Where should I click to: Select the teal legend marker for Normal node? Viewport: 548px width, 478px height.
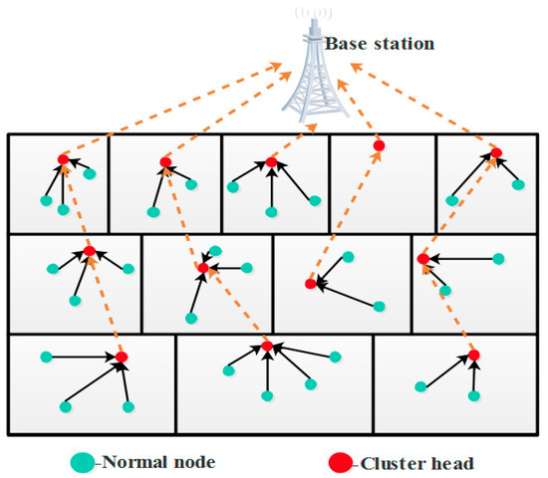click(82, 462)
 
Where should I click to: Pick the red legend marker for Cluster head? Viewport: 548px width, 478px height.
click(339, 462)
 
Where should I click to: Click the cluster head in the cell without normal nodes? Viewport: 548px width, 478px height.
click(379, 146)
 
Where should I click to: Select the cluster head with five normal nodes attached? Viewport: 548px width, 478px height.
click(267, 346)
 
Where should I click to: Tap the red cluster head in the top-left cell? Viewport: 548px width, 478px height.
click(63, 159)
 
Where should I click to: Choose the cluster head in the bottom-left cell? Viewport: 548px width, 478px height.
click(122, 357)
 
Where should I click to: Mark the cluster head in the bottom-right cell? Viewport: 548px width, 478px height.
click(474, 356)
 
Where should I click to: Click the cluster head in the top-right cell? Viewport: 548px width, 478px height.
click(495, 152)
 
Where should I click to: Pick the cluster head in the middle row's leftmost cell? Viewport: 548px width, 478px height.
click(90, 252)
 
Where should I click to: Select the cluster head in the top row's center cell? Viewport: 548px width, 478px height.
click(271, 162)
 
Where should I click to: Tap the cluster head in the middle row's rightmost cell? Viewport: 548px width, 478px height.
click(422, 259)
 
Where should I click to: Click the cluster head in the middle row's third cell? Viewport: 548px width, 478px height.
click(310, 284)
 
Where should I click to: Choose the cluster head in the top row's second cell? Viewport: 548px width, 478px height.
click(166, 162)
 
